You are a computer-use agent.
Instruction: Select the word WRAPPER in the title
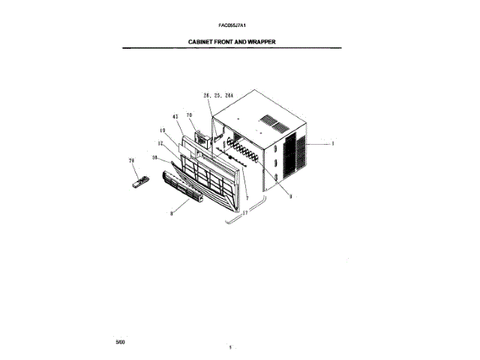pyautogui.click(x=259, y=42)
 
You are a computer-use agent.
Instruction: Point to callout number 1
pyautogui.click(x=332, y=142)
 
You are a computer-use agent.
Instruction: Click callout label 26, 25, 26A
pyautogui.click(x=219, y=96)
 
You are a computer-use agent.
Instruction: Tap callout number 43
pyautogui.click(x=175, y=117)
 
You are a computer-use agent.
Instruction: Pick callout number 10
pyautogui.click(x=162, y=130)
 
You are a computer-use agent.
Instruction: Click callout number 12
pyautogui.click(x=160, y=142)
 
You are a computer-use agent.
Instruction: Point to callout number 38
pyautogui.click(x=155, y=157)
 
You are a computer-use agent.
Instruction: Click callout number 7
pyautogui.click(x=246, y=196)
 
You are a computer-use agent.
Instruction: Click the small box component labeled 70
pyautogui.click(x=202, y=139)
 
